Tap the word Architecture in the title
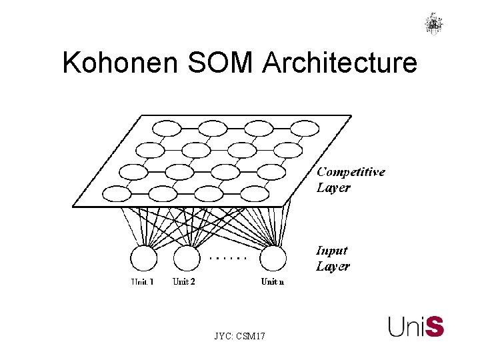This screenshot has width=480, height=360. pyautogui.click(x=341, y=63)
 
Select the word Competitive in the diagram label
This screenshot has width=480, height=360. pyautogui.click(x=351, y=172)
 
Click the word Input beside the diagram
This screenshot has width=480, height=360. pyautogui.click(x=331, y=251)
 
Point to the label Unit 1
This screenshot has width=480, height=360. pyautogui.click(x=142, y=282)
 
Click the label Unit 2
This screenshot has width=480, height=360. pyautogui.click(x=184, y=281)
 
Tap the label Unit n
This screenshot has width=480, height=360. pyautogui.click(x=273, y=281)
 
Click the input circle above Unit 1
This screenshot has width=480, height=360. pyautogui.click(x=143, y=259)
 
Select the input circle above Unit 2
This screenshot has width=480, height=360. pyautogui.click(x=187, y=259)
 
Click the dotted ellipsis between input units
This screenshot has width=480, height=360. pyautogui.click(x=229, y=257)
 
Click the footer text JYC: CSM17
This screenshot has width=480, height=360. pyautogui.click(x=240, y=337)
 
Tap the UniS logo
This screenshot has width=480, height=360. pyautogui.click(x=416, y=327)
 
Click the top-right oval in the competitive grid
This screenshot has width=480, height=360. pyautogui.click(x=305, y=128)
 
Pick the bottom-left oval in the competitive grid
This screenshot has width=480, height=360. pyautogui.click(x=117, y=194)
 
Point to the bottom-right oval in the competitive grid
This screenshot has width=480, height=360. pyautogui.click(x=254, y=194)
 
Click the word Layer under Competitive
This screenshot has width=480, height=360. pyautogui.click(x=333, y=188)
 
